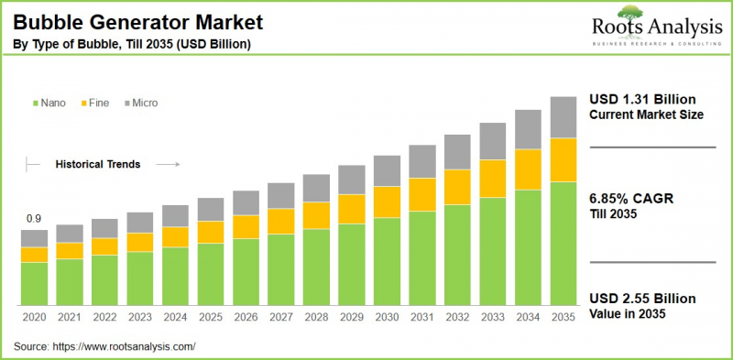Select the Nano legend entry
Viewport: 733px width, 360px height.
point(49,104)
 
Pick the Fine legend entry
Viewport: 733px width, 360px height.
point(95,104)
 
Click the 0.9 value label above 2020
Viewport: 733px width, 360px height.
point(34,218)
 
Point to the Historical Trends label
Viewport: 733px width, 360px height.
point(98,165)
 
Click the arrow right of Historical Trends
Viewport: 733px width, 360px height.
point(168,165)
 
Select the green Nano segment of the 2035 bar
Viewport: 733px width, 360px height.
point(563,243)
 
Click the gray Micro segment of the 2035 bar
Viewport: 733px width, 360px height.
point(563,116)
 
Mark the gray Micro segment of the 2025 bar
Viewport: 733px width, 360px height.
point(211,209)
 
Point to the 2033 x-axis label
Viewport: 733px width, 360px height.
point(493,317)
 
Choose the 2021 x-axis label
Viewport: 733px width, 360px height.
point(70,317)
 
